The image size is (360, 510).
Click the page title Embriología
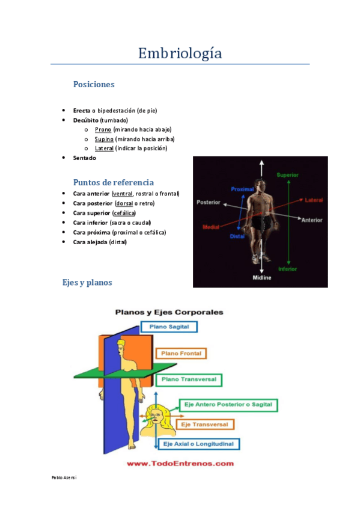[x=180, y=54]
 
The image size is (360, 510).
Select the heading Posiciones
[x=94, y=85]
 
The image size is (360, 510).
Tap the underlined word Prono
[x=103, y=129]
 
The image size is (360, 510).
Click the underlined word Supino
[x=104, y=139]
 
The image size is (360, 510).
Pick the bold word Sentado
[x=84, y=158]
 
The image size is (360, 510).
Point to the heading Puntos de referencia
[x=113, y=182]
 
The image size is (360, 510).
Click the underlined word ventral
[x=123, y=194]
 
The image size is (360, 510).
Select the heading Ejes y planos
[x=87, y=282]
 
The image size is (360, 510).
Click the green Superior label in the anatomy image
[x=287, y=174]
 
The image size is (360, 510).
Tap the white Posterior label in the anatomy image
[x=209, y=203]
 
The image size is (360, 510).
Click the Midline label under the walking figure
[x=261, y=277]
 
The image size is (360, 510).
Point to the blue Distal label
[x=237, y=236]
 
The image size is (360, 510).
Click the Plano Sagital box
[x=168, y=327]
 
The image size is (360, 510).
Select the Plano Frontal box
[x=181, y=354]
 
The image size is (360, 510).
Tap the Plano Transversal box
[x=189, y=380]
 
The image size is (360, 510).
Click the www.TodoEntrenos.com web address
[x=180, y=464]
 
